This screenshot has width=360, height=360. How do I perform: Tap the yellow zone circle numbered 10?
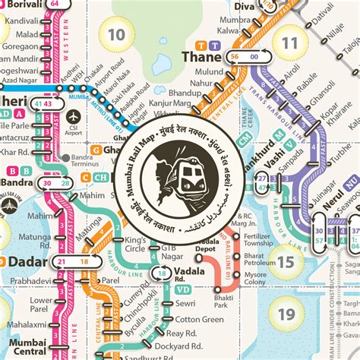(117, 34)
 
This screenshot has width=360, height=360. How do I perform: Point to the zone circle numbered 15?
(286, 264)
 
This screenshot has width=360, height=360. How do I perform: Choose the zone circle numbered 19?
(286, 313)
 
